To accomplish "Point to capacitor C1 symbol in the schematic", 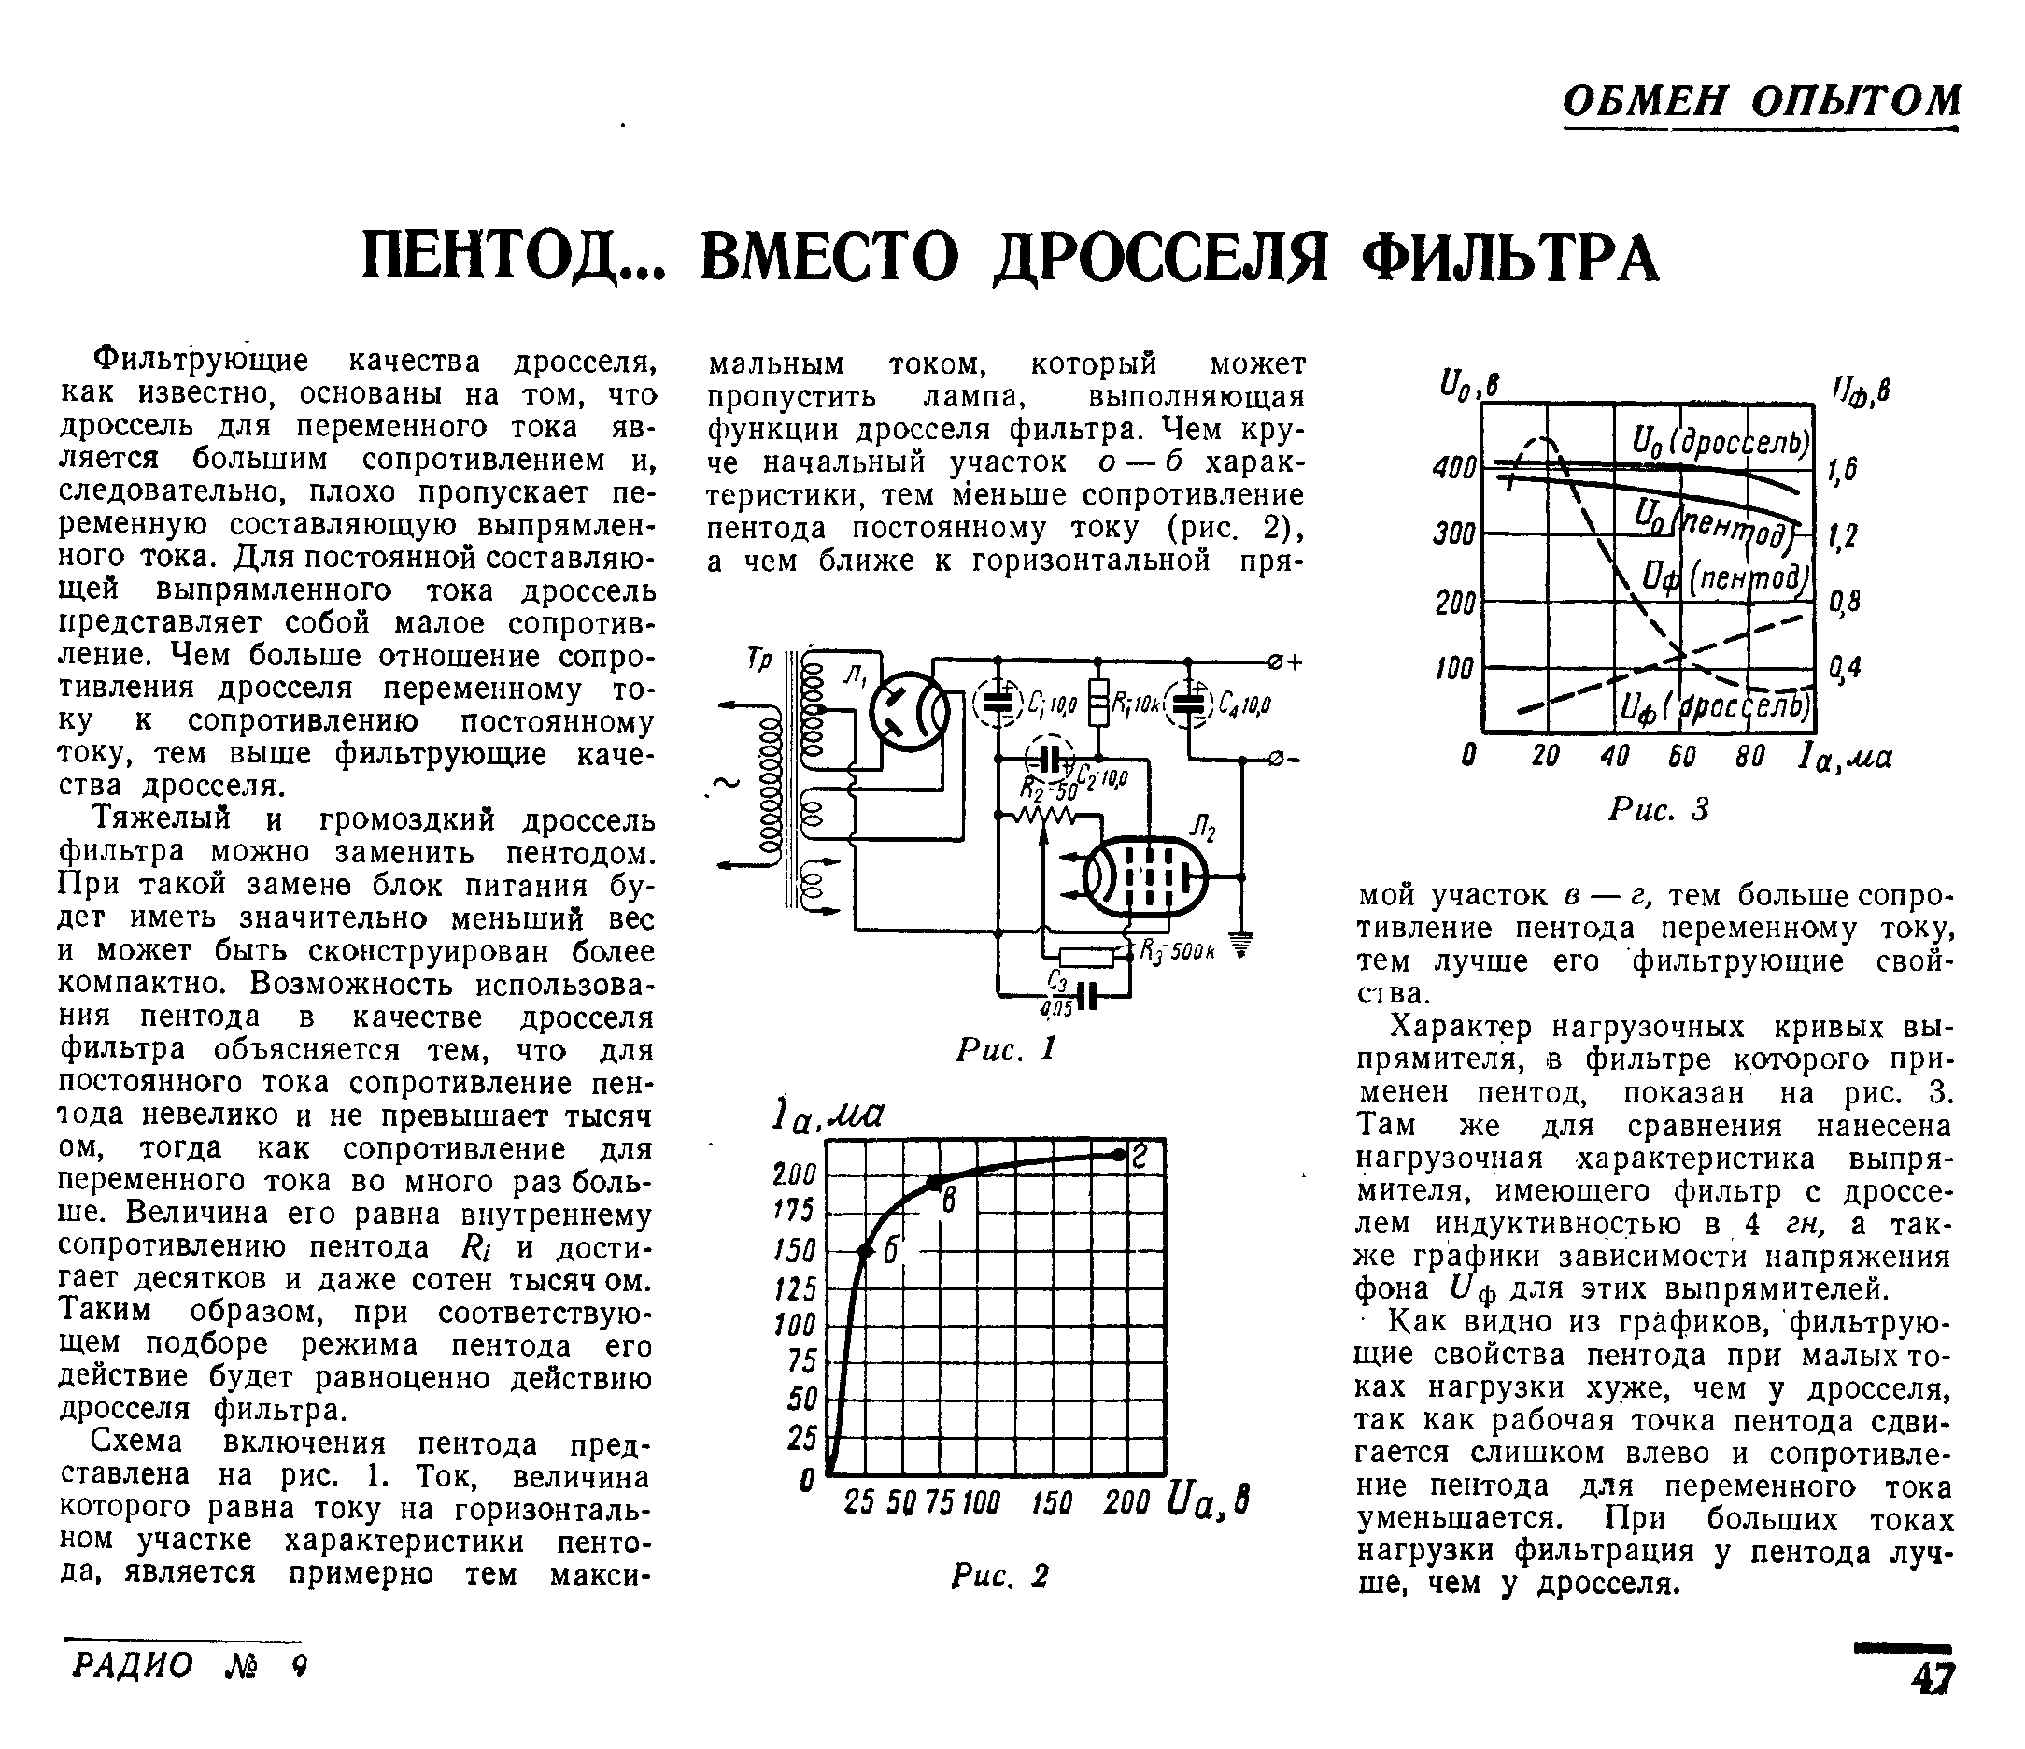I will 998,702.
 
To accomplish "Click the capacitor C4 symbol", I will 1188,702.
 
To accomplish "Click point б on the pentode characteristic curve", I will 865,1250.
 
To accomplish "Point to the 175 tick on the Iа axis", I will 794,1211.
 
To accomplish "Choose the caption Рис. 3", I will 1659,809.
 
